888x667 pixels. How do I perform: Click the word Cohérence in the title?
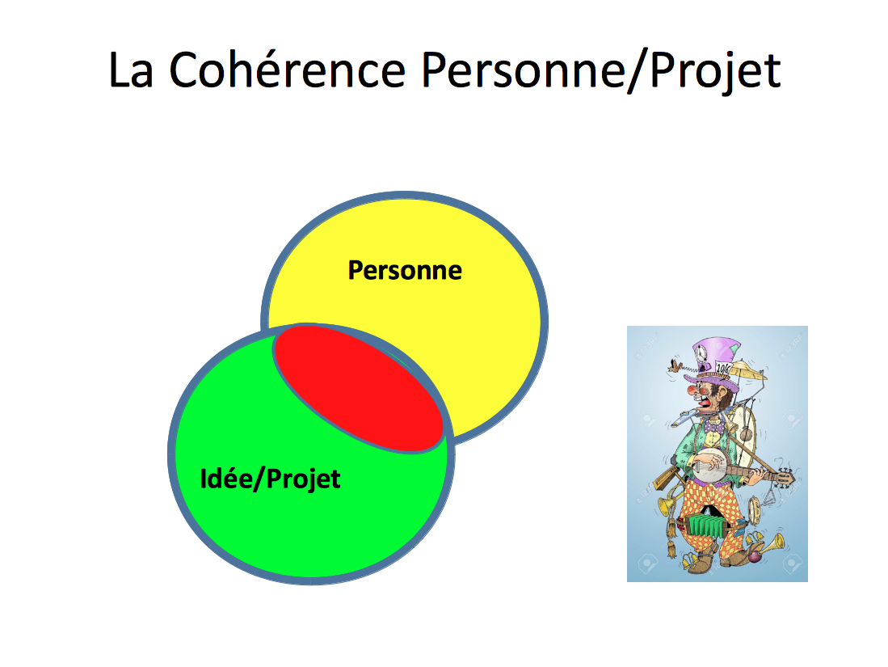(x=288, y=70)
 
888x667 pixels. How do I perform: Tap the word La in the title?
(x=131, y=70)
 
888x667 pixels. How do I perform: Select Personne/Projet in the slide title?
(x=601, y=72)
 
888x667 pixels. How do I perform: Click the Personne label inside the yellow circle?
(x=404, y=270)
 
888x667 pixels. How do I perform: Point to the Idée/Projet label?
(x=270, y=479)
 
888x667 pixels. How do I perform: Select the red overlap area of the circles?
(x=359, y=387)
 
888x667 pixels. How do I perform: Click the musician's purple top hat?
(x=715, y=363)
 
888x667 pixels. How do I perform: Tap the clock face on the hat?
(x=701, y=353)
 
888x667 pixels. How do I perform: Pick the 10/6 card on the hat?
(x=723, y=368)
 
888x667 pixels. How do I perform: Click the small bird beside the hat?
(x=674, y=365)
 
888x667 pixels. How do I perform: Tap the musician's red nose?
(x=692, y=390)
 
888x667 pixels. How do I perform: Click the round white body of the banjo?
(x=710, y=465)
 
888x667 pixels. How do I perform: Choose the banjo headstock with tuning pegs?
(x=784, y=477)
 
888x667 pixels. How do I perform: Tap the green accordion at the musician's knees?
(x=705, y=525)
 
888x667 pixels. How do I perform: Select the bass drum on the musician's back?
(x=743, y=427)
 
